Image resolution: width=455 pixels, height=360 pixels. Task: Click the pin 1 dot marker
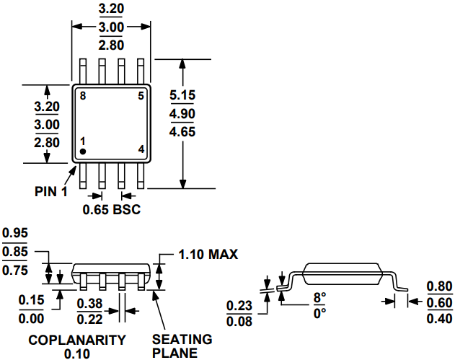click(84, 152)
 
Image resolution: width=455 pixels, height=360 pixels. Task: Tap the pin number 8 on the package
click(84, 96)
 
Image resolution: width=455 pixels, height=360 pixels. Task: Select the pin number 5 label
click(141, 96)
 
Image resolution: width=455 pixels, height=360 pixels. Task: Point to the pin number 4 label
click(141, 149)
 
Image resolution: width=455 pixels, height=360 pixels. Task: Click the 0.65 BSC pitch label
click(111, 210)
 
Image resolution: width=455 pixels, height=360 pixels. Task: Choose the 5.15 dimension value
click(182, 95)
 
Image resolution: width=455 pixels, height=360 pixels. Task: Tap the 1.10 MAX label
click(208, 255)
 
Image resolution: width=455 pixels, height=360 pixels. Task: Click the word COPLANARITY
click(77, 340)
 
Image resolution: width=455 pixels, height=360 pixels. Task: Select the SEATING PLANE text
click(182, 346)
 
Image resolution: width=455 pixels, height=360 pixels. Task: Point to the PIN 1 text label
click(50, 191)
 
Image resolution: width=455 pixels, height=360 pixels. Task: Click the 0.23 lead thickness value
click(239, 305)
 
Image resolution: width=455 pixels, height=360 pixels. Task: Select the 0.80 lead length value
click(439, 286)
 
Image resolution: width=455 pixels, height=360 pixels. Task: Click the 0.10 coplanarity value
click(77, 354)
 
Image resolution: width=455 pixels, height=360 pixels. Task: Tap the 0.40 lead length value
click(439, 319)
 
